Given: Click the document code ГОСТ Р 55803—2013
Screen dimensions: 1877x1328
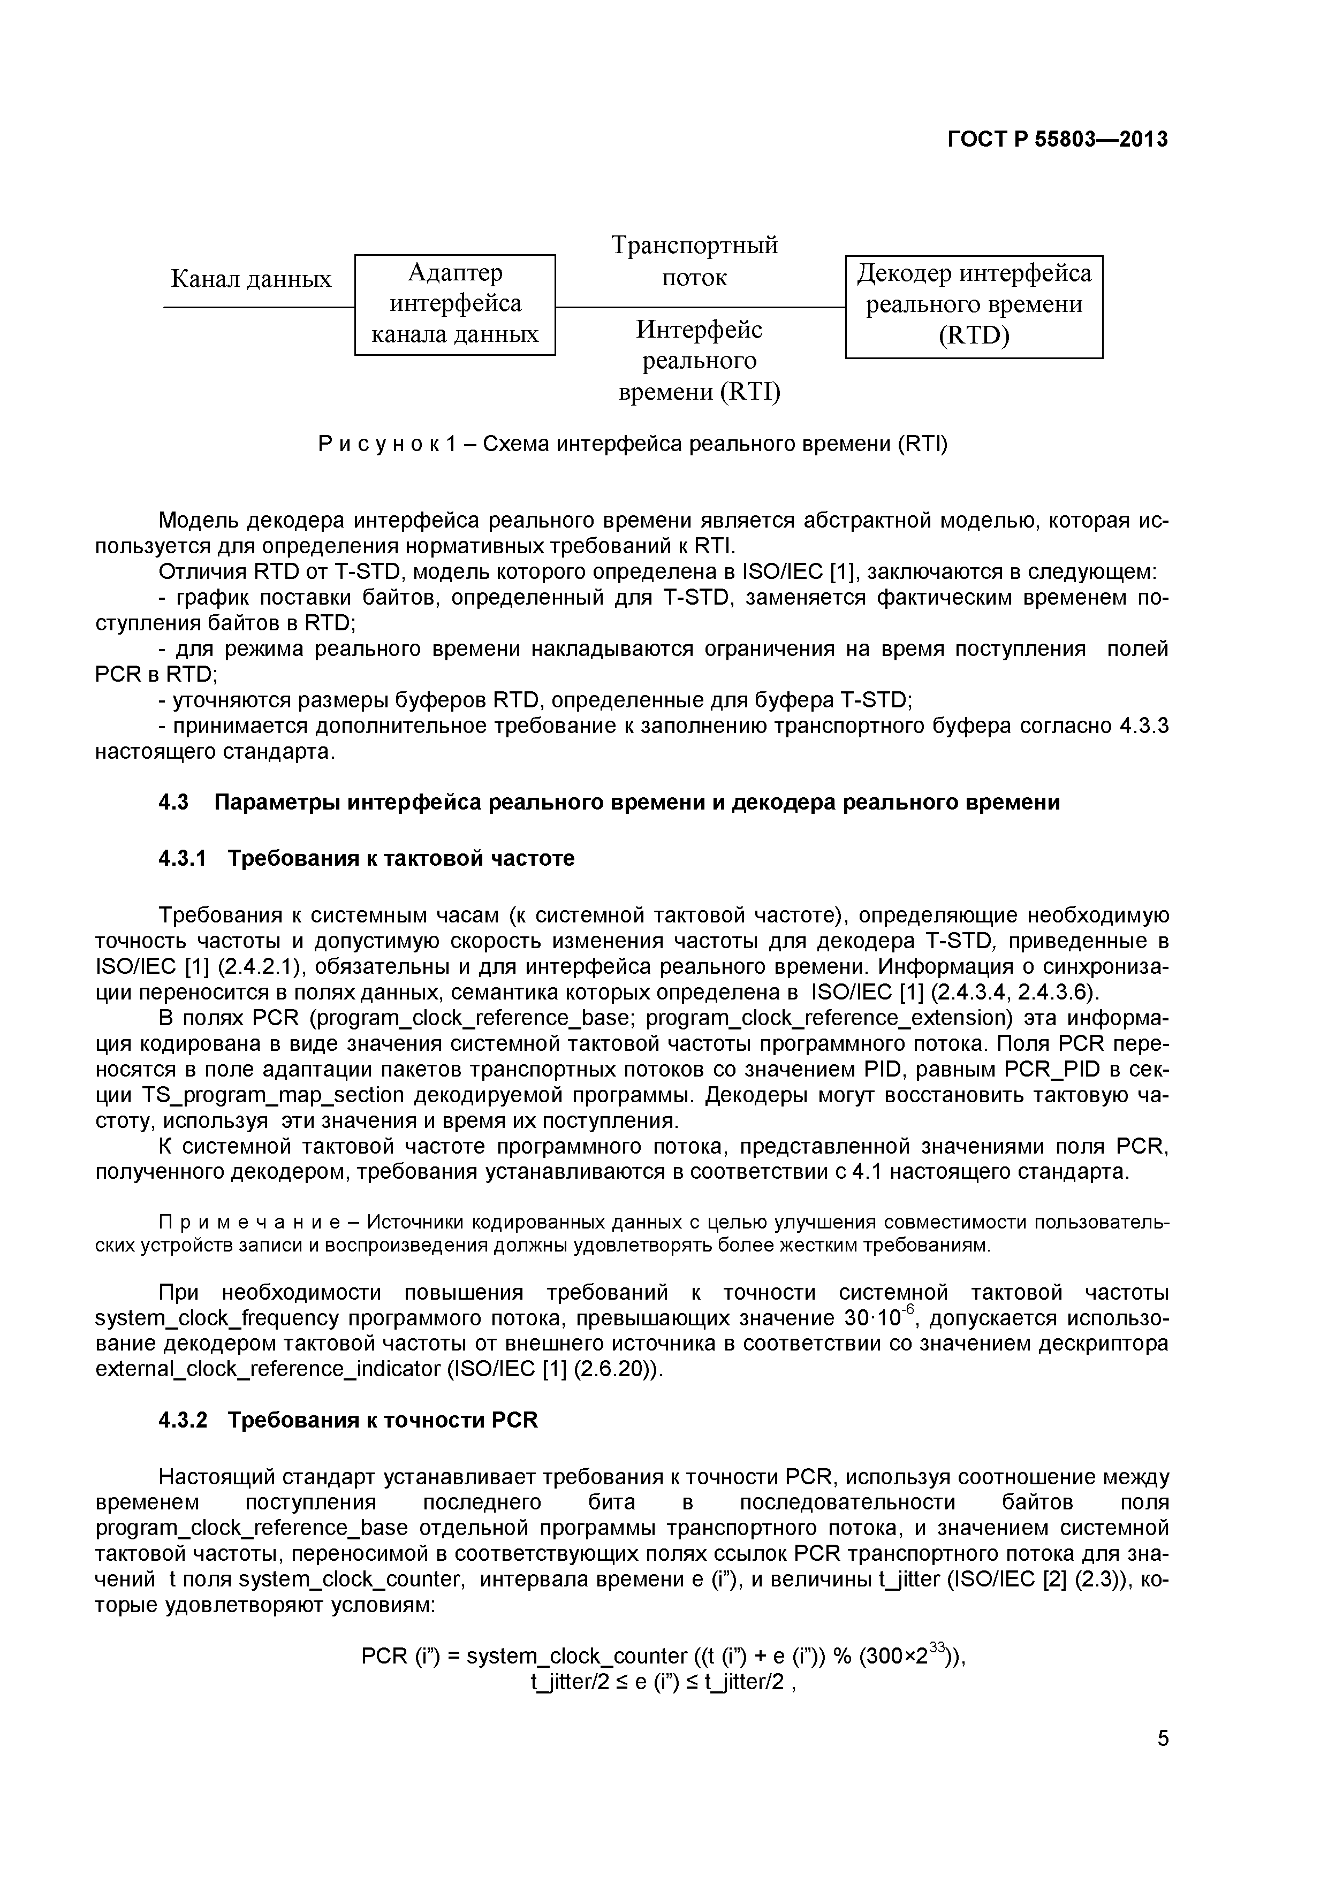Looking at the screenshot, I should [1057, 140].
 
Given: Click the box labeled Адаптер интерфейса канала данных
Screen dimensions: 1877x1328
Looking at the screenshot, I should [454, 304].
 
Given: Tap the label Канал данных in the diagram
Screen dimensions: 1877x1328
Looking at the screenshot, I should [251, 280].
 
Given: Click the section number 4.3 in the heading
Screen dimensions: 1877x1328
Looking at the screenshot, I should [173, 803].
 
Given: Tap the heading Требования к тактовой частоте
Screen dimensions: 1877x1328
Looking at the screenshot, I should [401, 858].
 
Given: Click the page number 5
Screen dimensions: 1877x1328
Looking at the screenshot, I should [1163, 1761].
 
